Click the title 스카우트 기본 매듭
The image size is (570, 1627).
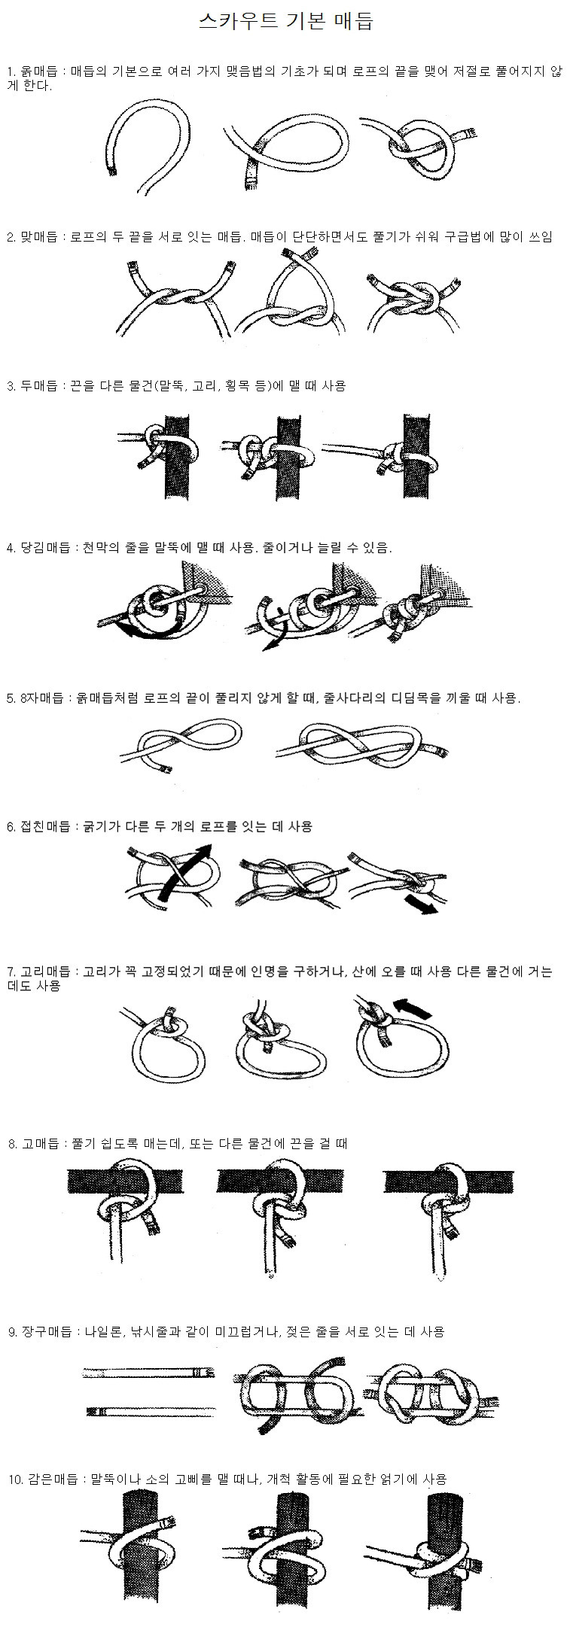pos(285,22)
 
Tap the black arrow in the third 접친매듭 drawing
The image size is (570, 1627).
pos(421,903)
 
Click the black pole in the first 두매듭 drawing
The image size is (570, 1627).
pos(175,455)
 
